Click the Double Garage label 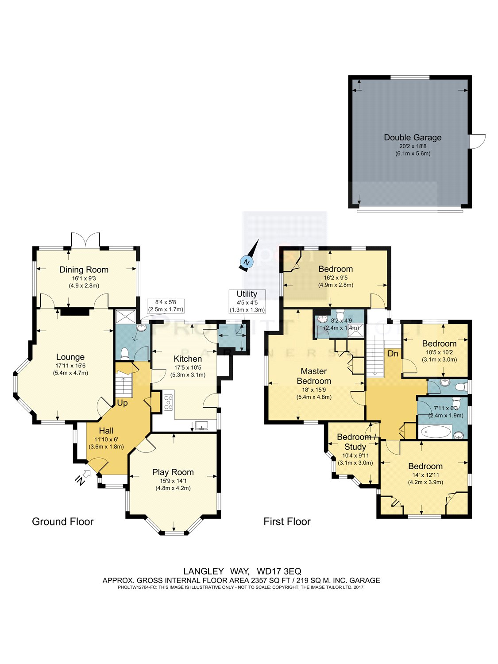[x=413, y=138]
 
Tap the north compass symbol [x=246, y=263]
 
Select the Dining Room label [x=84, y=270]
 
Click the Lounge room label [x=70, y=357]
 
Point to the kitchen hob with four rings [x=168, y=402]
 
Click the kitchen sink [x=202, y=426]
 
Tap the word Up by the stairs [x=122, y=403]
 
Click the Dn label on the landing [x=393, y=354]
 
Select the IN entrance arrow [x=82, y=478]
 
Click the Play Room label [x=173, y=472]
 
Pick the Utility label [x=247, y=294]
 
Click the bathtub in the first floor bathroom [x=436, y=431]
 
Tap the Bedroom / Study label [x=355, y=442]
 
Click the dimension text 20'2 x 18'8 [x=413, y=146]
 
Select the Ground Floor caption [x=63, y=521]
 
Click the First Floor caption [x=287, y=521]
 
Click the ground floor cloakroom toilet [x=124, y=353]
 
